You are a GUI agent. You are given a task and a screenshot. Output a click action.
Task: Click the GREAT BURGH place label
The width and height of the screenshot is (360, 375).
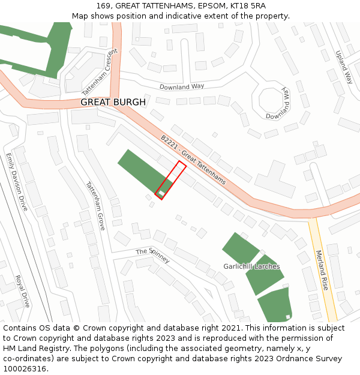(113, 103)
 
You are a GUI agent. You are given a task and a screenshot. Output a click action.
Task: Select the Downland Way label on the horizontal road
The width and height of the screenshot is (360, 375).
(182, 87)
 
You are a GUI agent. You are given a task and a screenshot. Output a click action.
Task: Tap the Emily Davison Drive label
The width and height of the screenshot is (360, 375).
(17, 181)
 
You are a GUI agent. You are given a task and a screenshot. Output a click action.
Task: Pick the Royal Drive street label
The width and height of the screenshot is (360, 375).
(23, 291)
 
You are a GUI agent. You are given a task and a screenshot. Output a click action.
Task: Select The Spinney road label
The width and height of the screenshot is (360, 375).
(152, 256)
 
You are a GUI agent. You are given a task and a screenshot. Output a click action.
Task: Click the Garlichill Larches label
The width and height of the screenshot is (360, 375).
(251, 266)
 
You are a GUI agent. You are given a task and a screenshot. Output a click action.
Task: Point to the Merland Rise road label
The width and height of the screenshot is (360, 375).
(322, 271)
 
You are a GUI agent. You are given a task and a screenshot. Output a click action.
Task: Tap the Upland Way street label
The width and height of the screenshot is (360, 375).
(344, 67)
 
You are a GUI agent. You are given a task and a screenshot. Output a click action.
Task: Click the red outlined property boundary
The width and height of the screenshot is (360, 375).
(170, 179)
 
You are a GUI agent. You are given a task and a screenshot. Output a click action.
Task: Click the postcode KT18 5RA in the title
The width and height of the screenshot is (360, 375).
(245, 6)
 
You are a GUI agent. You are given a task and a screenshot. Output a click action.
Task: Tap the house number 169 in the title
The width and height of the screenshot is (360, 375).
(104, 6)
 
